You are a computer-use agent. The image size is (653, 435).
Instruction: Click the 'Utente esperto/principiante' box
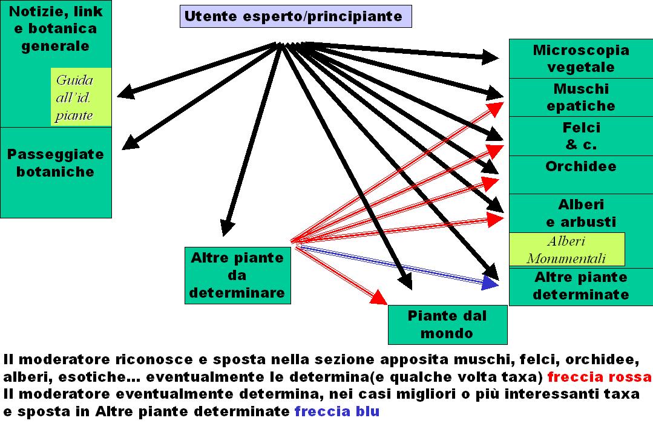pyautogui.click(x=295, y=16)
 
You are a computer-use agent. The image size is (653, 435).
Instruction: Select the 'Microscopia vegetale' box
pyautogui.click(x=580, y=59)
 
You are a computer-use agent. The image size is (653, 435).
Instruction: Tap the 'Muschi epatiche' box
pyautogui.click(x=580, y=97)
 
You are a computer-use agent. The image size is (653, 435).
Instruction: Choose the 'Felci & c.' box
pyautogui.click(x=580, y=136)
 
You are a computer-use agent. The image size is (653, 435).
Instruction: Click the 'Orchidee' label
pyautogui.click(x=580, y=166)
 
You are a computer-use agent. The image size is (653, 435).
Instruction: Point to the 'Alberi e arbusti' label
pyautogui.click(x=580, y=213)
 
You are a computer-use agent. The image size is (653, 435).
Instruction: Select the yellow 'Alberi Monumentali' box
pyautogui.click(x=566, y=250)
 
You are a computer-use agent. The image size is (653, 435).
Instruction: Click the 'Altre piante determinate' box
pyautogui.click(x=580, y=286)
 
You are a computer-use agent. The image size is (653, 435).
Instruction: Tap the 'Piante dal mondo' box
pyautogui.click(x=447, y=324)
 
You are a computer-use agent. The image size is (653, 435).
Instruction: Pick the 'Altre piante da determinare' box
pyautogui.click(x=237, y=275)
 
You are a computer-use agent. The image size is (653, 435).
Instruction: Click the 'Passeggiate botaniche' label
pyautogui.click(x=55, y=163)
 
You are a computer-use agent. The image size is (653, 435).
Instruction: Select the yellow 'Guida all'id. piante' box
pyautogui.click(x=81, y=97)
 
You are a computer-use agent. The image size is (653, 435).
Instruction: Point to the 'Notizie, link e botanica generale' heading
pyautogui.click(x=55, y=28)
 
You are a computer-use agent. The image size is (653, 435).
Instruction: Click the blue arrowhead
pyautogui.click(x=491, y=283)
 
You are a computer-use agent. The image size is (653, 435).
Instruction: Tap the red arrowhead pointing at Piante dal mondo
pyautogui.click(x=379, y=298)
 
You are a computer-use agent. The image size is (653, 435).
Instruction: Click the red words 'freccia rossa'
pyautogui.click(x=599, y=377)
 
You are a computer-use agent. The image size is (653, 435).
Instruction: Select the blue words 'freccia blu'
pyautogui.click(x=336, y=411)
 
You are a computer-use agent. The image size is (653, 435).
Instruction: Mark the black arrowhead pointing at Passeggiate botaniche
pyautogui.click(x=129, y=143)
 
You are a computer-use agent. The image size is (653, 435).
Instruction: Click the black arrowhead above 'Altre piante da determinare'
pyautogui.click(x=227, y=227)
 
